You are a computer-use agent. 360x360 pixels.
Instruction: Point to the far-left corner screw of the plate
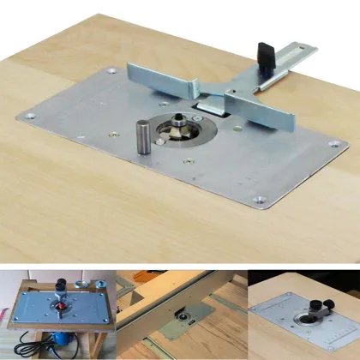point(31,114)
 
